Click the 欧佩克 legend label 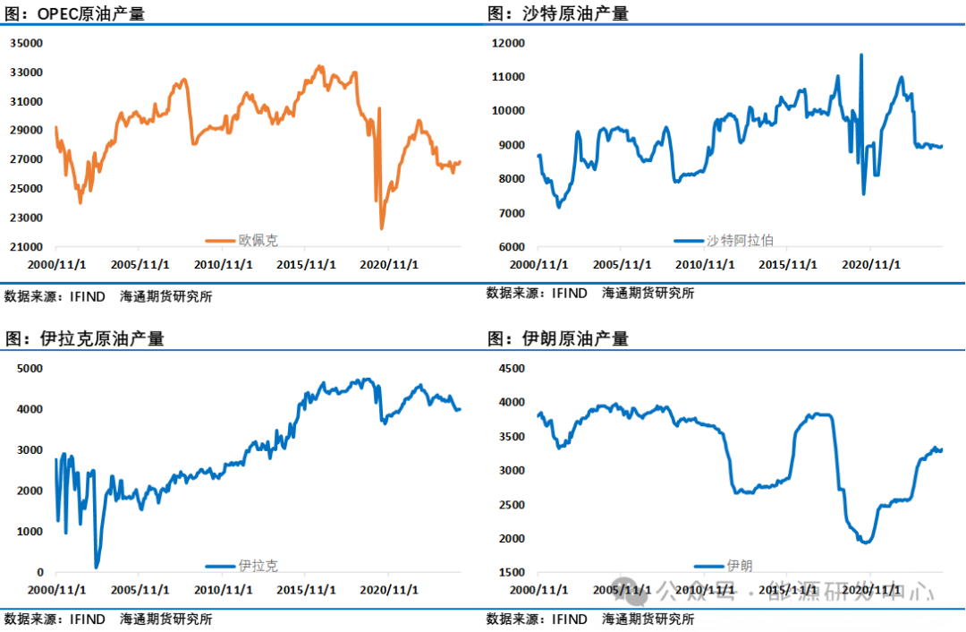click(x=258, y=240)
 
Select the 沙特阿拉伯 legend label click(x=740, y=240)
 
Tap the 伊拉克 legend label click(x=258, y=566)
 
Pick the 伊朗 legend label click(x=740, y=566)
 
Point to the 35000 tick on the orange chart click(x=27, y=43)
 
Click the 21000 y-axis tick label click(x=27, y=247)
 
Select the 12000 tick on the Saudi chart click(x=509, y=43)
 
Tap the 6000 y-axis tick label click(x=512, y=247)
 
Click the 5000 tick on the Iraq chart click(x=30, y=368)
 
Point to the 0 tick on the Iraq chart click(x=39, y=572)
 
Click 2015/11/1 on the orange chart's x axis click(x=306, y=265)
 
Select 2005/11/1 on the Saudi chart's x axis click(x=623, y=265)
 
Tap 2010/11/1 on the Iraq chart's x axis click(x=225, y=590)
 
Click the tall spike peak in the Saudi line click(x=861, y=56)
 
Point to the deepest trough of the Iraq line click(x=97, y=567)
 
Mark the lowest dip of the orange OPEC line click(x=382, y=228)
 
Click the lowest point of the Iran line click(x=865, y=542)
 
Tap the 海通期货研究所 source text click(x=648, y=619)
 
